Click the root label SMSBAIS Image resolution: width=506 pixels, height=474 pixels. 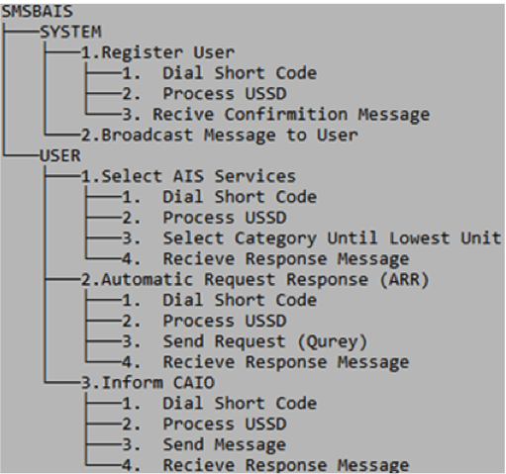tap(31, 12)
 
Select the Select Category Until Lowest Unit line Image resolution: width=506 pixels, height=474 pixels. tap(317, 237)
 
